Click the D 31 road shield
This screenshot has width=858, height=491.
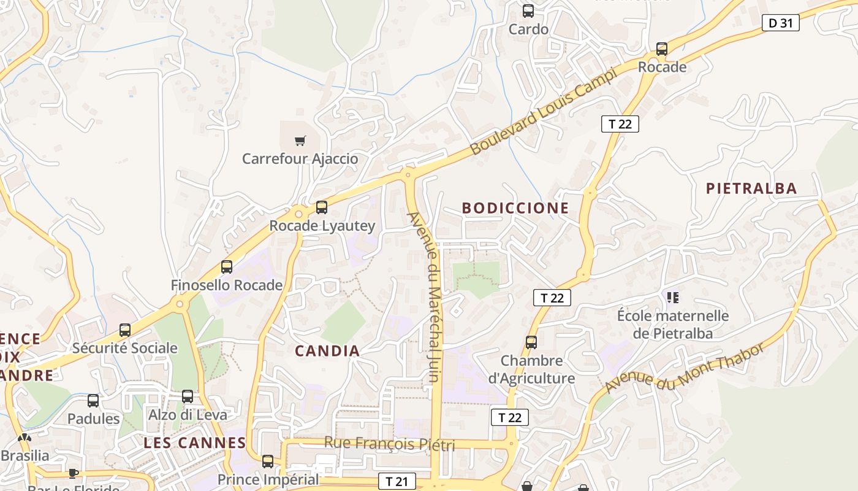click(x=781, y=23)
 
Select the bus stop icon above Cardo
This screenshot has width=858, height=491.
click(x=528, y=11)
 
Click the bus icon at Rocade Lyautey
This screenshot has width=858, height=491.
click(x=322, y=207)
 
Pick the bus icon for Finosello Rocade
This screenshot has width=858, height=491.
click(x=227, y=267)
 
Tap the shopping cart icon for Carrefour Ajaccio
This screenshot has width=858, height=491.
click(x=300, y=141)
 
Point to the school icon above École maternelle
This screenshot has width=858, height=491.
click(x=673, y=298)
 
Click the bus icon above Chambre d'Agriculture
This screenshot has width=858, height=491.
click(x=531, y=342)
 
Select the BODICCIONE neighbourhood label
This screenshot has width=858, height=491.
click(x=515, y=208)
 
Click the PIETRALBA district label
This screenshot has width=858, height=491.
click(x=751, y=188)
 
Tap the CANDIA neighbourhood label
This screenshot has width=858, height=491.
click(x=327, y=351)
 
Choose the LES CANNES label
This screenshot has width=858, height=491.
click(x=195, y=443)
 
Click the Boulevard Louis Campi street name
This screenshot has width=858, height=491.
click(x=543, y=112)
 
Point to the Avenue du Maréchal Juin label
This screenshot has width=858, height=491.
click(x=424, y=297)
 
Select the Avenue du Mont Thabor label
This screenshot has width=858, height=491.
click(x=685, y=368)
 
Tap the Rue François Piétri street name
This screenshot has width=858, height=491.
click(x=389, y=443)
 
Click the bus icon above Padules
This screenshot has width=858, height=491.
click(x=93, y=401)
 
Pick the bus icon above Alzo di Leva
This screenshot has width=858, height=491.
click(x=188, y=396)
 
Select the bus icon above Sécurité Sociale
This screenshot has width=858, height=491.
click(x=125, y=330)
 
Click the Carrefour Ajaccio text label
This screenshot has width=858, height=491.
click(x=300, y=159)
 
